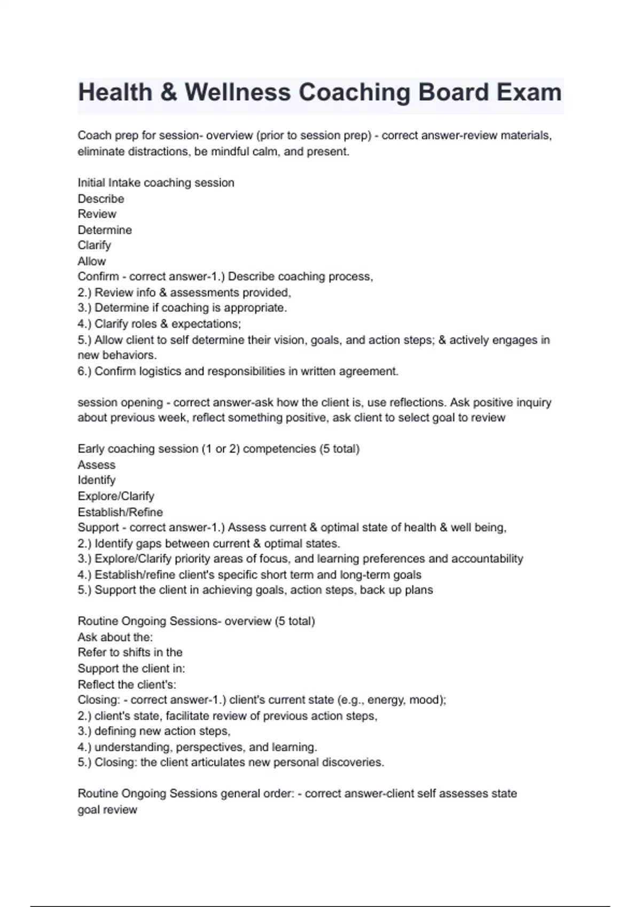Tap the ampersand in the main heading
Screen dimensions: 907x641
[168, 92]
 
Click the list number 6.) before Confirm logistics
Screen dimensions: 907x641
[84, 371]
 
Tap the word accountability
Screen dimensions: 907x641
[487, 559]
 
